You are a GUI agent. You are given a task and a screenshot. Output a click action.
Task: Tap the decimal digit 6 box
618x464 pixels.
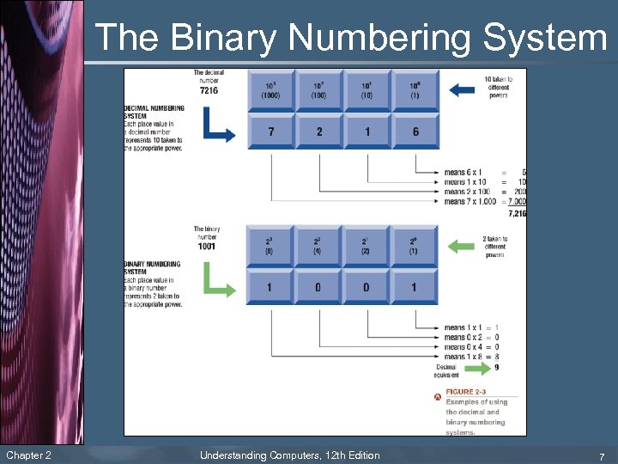(415, 131)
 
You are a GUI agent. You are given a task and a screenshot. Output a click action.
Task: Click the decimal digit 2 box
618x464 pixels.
(318, 131)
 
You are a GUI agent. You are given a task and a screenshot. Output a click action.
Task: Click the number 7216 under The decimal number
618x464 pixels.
(209, 89)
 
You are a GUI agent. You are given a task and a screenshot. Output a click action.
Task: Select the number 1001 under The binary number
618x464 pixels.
(206, 247)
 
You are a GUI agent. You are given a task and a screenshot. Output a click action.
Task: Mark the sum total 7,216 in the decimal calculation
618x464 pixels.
(517, 212)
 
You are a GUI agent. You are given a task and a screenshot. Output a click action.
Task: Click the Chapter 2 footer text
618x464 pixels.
(28, 455)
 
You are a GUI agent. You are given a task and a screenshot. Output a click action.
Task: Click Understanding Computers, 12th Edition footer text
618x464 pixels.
(289, 455)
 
